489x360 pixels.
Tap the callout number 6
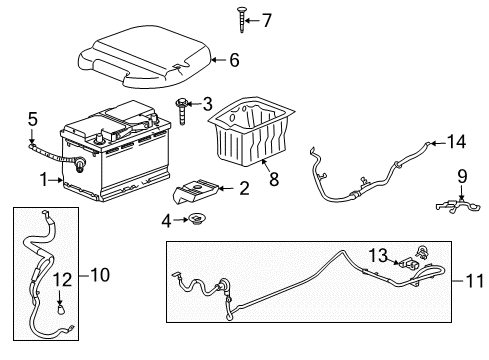point(234,60)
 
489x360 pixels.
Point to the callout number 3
point(207,102)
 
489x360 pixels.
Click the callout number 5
point(32,118)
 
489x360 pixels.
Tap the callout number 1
point(43,180)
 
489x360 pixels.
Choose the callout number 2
point(243,187)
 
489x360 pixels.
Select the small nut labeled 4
point(197,219)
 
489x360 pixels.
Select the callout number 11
point(472,281)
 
